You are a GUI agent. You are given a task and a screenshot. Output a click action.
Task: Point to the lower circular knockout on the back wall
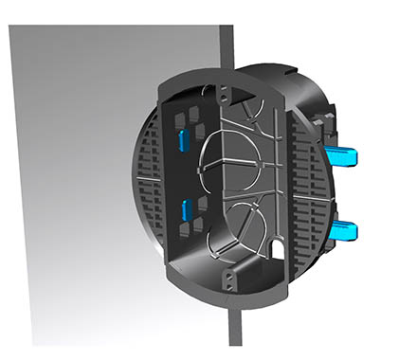coord(248,222)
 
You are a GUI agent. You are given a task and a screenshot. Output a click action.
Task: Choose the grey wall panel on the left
coord(76,189)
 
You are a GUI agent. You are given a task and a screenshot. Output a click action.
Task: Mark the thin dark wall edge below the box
coord(234,327)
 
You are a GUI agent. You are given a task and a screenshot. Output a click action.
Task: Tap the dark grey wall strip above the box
coord(227,47)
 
